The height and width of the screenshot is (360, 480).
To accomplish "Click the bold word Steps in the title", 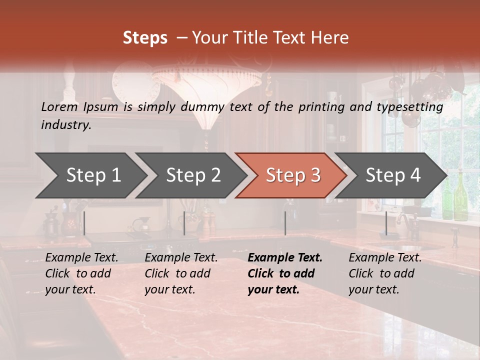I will pos(145,38).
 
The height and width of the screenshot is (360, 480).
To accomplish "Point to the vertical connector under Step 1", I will pos(84,223).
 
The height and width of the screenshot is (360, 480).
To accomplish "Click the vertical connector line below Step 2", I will pos(184,223).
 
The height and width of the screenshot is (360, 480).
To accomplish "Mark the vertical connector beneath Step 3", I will pos(285,223).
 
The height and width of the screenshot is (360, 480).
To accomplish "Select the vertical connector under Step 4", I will pos(386,223).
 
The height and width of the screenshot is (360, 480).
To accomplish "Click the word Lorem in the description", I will pos(59,106).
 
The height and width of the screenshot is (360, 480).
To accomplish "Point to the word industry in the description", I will pos(66,125).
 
